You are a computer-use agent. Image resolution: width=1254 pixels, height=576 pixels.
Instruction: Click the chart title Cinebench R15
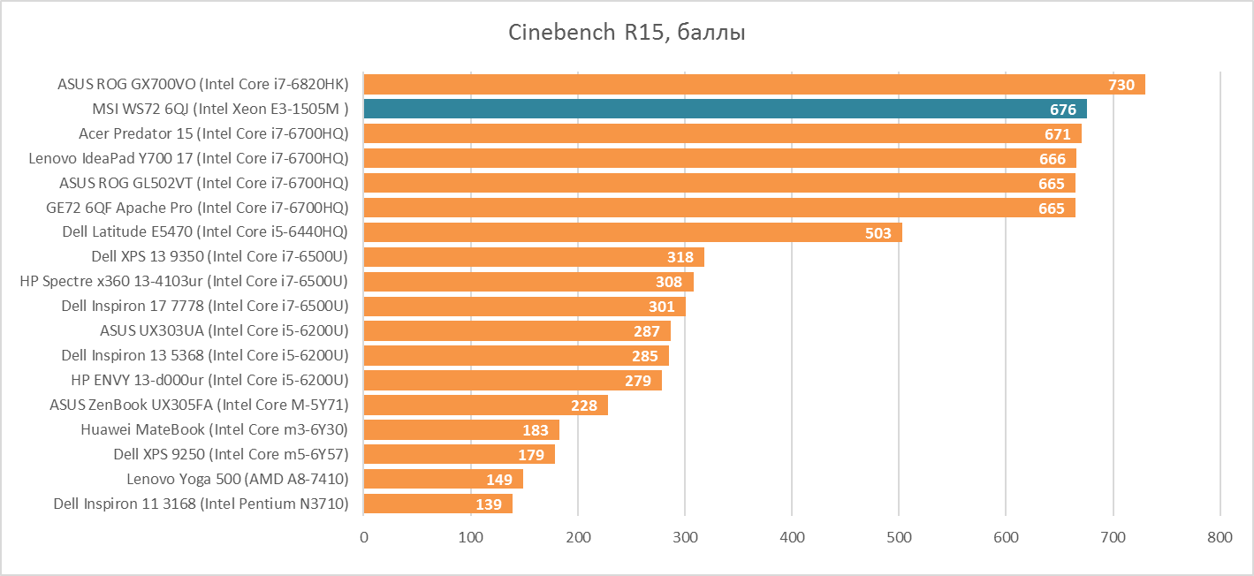pyautogui.click(x=627, y=34)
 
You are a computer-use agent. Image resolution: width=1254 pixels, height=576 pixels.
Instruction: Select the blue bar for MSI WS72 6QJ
pyautogui.click(x=725, y=110)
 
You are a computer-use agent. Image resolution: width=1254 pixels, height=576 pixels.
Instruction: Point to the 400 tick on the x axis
pyautogui.click(x=792, y=536)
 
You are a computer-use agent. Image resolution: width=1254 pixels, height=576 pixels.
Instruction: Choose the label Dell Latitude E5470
pyautogui.click(x=204, y=232)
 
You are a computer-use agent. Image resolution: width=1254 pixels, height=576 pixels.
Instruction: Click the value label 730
pyautogui.click(x=1121, y=85)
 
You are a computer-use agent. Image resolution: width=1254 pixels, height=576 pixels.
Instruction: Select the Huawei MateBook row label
pyautogui.click(x=214, y=430)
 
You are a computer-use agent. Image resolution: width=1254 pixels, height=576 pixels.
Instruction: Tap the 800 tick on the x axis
pyautogui.click(x=1220, y=536)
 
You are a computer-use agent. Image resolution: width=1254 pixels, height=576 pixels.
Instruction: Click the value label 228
pyautogui.click(x=584, y=406)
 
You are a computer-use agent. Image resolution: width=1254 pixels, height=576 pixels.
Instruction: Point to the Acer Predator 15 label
pyautogui.click(x=213, y=134)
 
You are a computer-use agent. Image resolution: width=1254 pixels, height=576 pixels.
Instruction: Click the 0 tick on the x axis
pyautogui.click(x=364, y=536)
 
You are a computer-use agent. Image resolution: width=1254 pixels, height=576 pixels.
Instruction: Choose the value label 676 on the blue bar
pyautogui.click(x=1063, y=110)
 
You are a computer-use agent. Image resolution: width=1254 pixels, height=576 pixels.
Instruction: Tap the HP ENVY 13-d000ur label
pyautogui.click(x=209, y=381)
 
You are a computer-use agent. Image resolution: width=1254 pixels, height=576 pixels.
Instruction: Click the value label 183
pyautogui.click(x=536, y=430)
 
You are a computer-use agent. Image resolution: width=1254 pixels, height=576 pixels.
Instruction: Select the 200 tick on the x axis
pyautogui.click(x=578, y=536)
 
